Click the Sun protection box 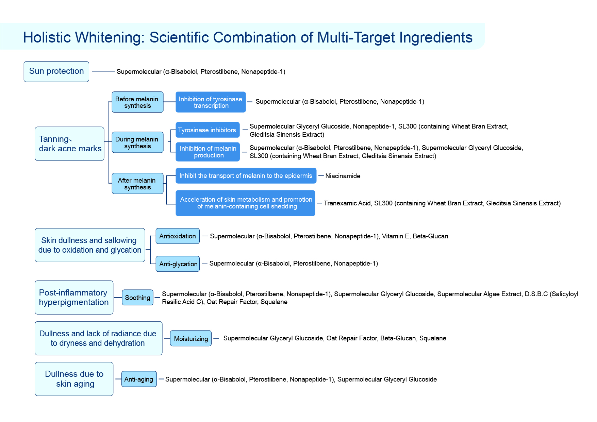coord(56,71)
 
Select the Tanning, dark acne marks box coord(69,144)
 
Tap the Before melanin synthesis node coord(137,102)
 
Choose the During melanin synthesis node coord(137,142)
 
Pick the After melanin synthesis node coord(137,184)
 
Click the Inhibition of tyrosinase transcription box coord(211,102)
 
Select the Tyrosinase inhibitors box coord(208,130)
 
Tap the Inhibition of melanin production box coord(208,152)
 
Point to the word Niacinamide coord(343,176)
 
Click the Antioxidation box coord(178,236)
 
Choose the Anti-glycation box coord(178,264)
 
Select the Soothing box coord(138,298)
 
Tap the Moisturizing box coord(191,338)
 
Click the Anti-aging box coord(139,379)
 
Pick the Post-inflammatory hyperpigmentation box coord(74,298)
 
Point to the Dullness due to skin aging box coord(74,379)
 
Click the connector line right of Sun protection coord(103,71)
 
